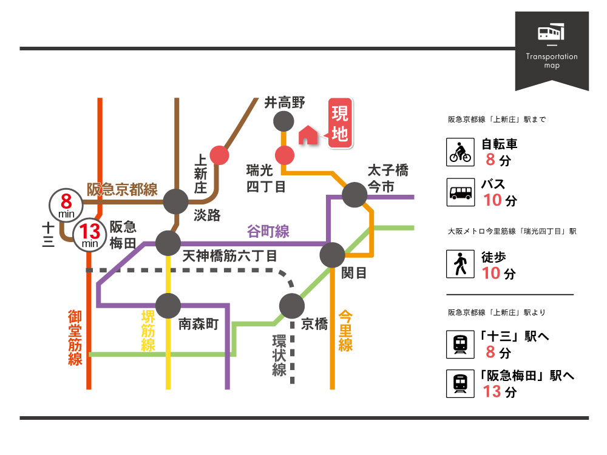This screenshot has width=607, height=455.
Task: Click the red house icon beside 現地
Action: click(x=308, y=135)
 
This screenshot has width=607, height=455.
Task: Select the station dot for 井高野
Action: click(x=283, y=121)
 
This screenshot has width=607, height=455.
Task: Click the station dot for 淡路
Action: click(x=176, y=201)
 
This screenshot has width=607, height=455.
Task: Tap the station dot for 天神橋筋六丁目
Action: click(x=168, y=243)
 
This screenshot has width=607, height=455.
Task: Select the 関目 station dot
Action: click(x=333, y=255)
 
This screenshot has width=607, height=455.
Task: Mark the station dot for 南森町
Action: click(x=168, y=306)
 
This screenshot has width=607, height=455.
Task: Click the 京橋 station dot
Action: click(x=292, y=306)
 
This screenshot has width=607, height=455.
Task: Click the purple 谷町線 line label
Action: click(x=268, y=231)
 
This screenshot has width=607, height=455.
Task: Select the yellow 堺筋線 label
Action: click(x=147, y=331)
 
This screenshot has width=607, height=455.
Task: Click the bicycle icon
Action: click(x=460, y=152)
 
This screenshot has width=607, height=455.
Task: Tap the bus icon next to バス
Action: click(x=460, y=191)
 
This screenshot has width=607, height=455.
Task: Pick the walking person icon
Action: click(x=460, y=265)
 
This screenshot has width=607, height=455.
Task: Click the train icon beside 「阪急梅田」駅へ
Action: click(x=460, y=384)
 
